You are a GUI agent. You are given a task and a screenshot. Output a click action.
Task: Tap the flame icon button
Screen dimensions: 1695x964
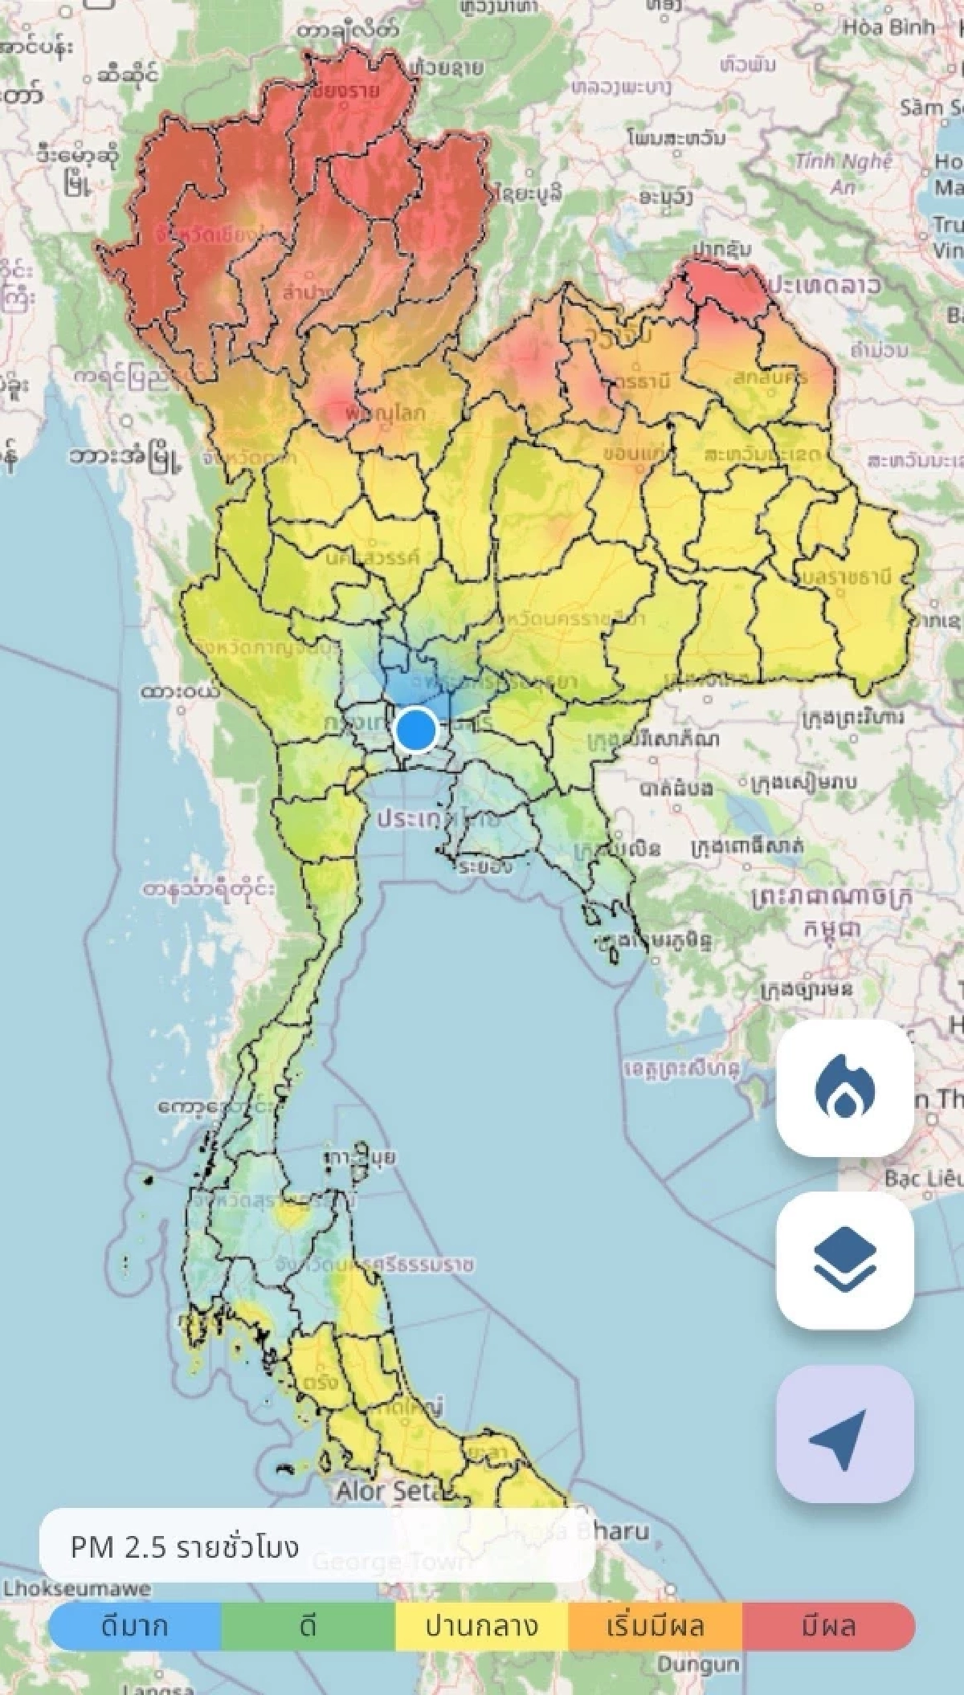click(844, 1088)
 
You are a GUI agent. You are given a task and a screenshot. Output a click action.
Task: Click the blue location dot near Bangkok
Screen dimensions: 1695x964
click(415, 730)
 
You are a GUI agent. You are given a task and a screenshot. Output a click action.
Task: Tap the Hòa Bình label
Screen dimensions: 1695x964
click(888, 26)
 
